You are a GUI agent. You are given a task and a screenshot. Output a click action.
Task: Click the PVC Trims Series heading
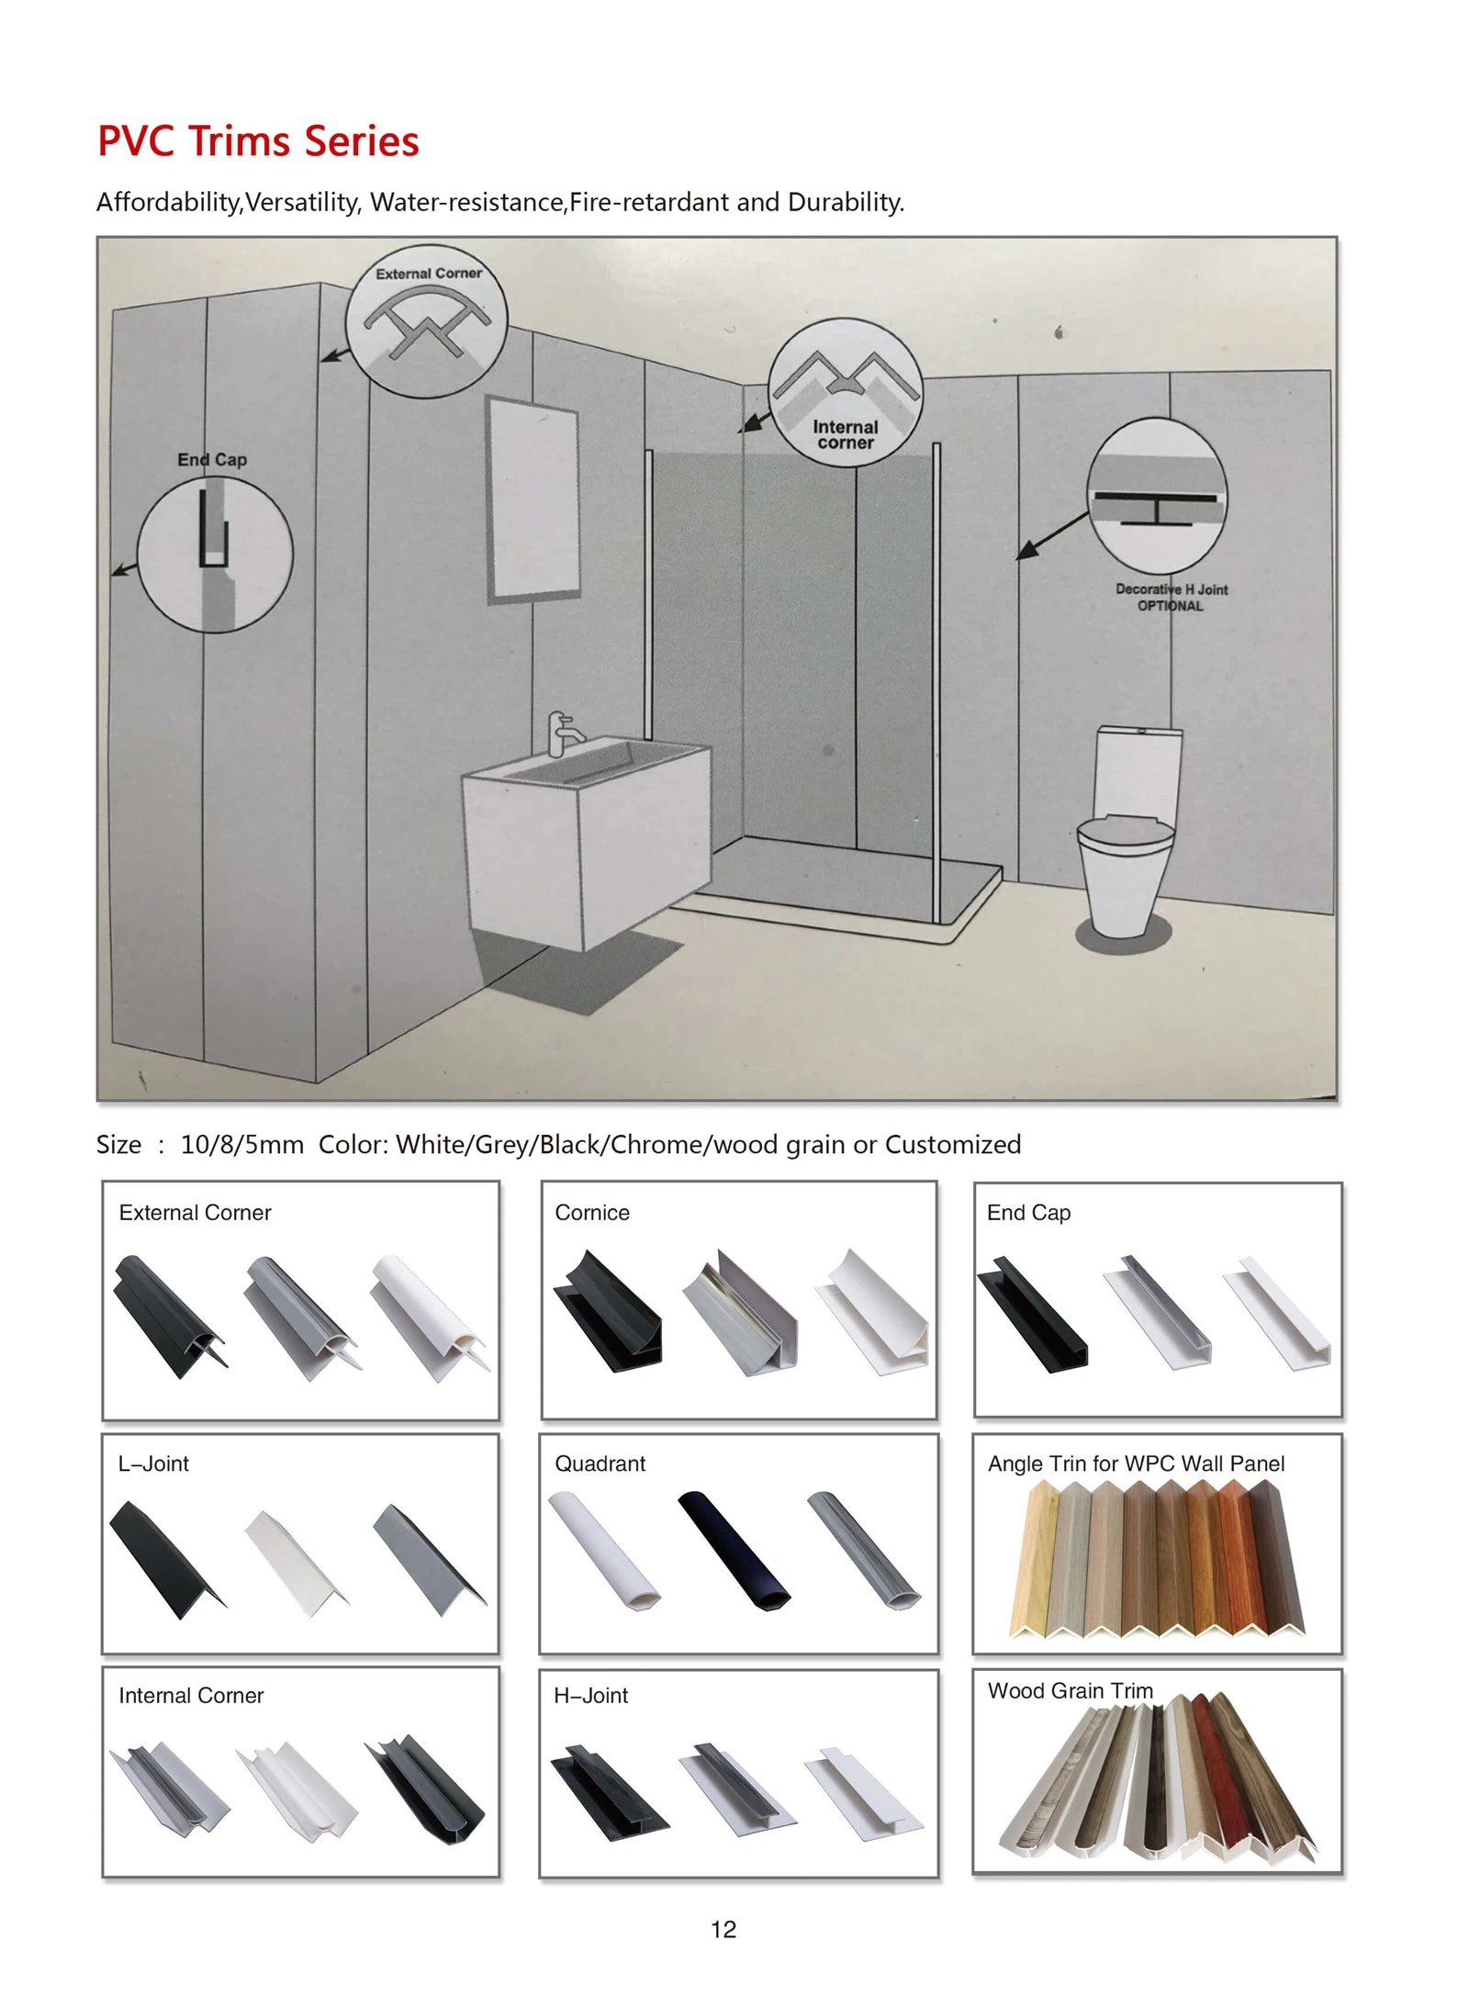coord(258,141)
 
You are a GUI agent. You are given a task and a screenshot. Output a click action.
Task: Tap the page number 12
coord(723,1929)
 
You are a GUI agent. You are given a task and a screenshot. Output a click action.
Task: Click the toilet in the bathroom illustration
coord(1128,832)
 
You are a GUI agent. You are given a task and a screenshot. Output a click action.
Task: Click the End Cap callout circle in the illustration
coord(215,554)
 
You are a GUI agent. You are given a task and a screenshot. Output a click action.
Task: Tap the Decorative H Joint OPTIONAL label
coord(1171,598)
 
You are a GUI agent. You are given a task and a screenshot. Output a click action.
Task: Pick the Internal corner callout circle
coord(846,392)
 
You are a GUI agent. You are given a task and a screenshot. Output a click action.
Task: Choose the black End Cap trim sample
coord(1032,1314)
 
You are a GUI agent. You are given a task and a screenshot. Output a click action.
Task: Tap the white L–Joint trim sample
coord(296,1564)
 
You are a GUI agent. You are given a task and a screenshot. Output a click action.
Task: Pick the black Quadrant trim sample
coord(734,1550)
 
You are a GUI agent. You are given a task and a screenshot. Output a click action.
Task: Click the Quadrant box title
coord(600,1463)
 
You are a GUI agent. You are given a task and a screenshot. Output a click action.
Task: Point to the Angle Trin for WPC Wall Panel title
coord(1136,1463)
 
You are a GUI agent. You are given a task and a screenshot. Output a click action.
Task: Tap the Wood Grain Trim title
coord(1071,1690)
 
